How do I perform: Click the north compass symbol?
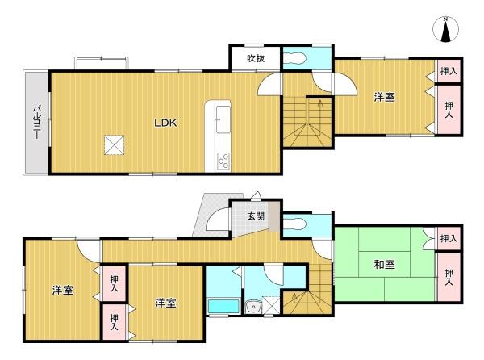pos(445,29)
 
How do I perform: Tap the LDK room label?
pos(165,123)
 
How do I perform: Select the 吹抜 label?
pos(256,58)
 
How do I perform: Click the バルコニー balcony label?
pos(37,122)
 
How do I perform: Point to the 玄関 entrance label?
pos(256,216)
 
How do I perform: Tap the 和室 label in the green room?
pos(384,264)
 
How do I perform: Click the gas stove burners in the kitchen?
pos(223,161)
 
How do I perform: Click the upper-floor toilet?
pos(294,58)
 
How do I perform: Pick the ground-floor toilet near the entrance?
pos(294,224)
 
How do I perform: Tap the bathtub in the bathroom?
pos(223,306)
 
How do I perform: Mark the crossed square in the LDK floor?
pos(115,144)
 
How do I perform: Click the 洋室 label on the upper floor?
pos(384,97)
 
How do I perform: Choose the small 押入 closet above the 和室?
pos(449,238)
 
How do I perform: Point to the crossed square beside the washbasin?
pos(271,305)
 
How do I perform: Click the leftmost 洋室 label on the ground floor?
pos(63,291)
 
